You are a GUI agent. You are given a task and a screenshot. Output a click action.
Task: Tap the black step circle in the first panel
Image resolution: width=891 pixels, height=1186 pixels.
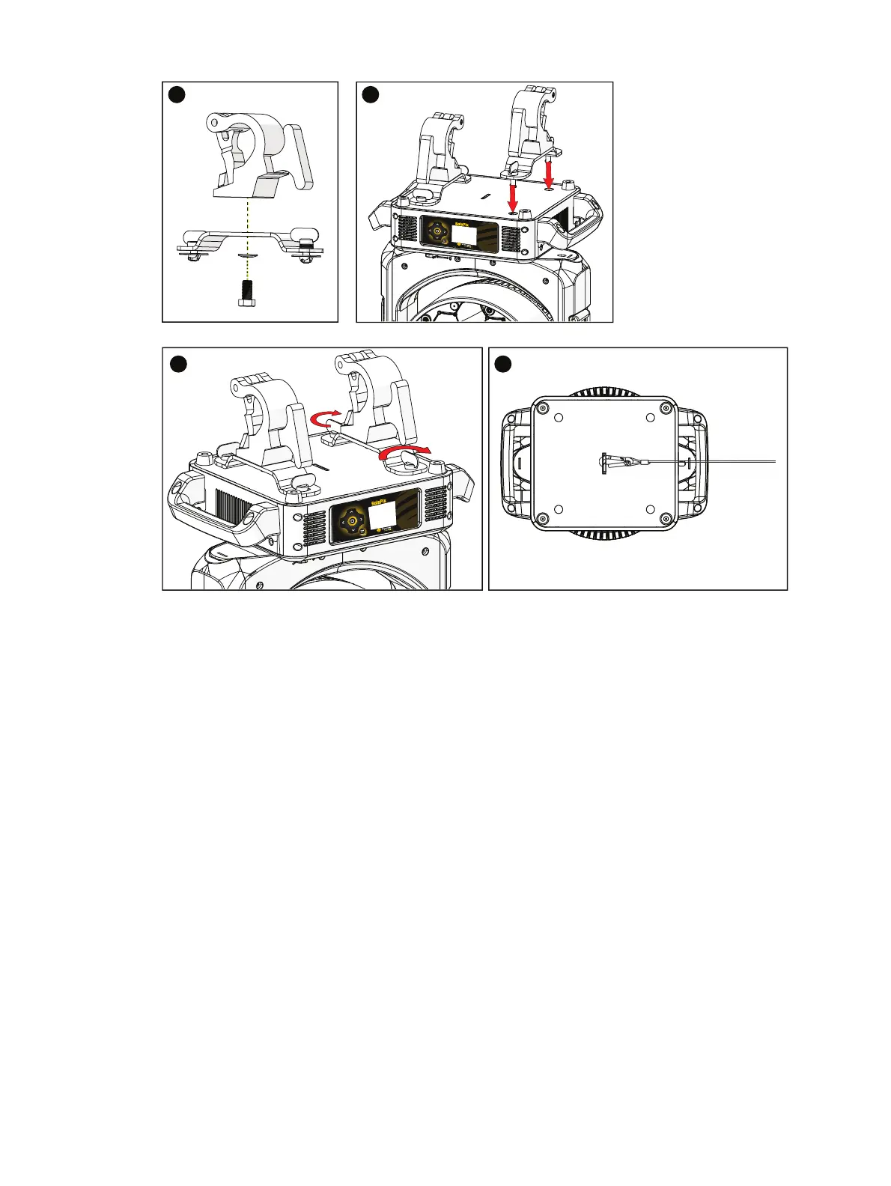point(175,94)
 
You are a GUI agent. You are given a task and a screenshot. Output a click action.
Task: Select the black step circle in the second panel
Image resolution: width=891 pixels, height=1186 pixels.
point(369,94)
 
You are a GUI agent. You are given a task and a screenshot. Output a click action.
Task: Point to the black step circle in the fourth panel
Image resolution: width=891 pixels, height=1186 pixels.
point(502,363)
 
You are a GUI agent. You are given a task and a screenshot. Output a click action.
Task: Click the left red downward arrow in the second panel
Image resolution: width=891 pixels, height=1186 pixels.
point(513,197)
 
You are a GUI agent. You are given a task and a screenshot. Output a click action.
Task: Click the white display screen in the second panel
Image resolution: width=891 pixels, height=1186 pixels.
point(464,234)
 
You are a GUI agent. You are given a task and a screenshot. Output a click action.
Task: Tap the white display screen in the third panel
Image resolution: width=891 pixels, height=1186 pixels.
point(383,515)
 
